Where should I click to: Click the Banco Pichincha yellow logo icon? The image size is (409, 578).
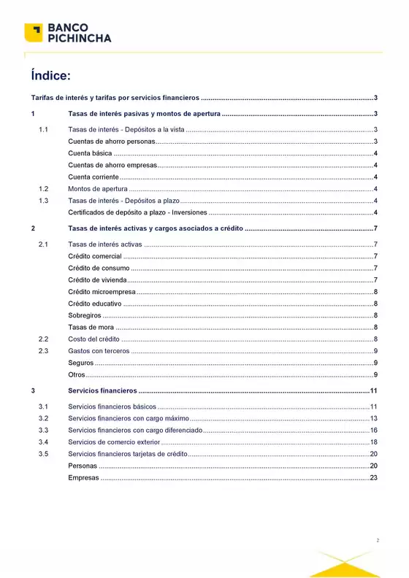pyautogui.click(x=33, y=33)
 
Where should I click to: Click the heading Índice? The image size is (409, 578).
pyautogui.click(x=50, y=75)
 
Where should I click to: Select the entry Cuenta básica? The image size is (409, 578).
pyautogui.click(x=90, y=153)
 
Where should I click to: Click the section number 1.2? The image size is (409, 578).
pyautogui.click(x=43, y=189)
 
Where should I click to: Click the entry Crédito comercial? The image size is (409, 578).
pyautogui.click(x=95, y=255)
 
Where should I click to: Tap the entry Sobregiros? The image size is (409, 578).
pyautogui.click(x=85, y=315)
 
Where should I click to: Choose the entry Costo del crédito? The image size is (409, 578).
pyautogui.click(x=93, y=339)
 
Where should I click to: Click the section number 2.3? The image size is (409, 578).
pyautogui.click(x=43, y=351)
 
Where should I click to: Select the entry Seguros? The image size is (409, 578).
pyautogui.click(x=80, y=363)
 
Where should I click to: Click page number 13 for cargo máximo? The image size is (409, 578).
pyautogui.click(x=373, y=418)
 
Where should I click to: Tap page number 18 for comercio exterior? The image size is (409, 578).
pyautogui.click(x=373, y=442)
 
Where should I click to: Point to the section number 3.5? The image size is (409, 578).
pyautogui.click(x=43, y=454)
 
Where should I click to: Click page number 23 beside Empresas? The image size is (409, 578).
pyautogui.click(x=373, y=477)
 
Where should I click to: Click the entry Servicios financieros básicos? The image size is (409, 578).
pyautogui.click(x=112, y=406)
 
